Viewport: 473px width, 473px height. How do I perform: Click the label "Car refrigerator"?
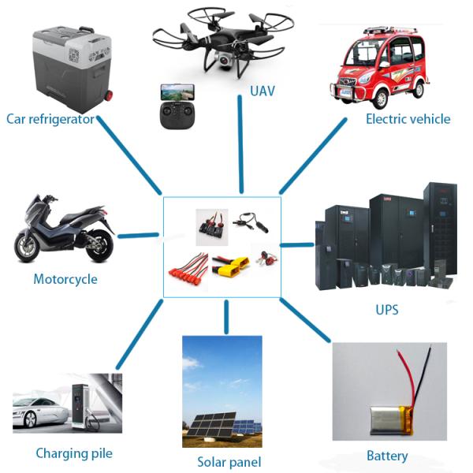coord(50,119)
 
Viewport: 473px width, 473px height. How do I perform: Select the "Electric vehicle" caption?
coord(408,119)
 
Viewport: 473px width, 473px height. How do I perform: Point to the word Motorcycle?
coord(65,279)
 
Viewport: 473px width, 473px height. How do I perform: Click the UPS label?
coord(386,310)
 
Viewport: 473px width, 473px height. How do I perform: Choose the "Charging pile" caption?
coord(74,453)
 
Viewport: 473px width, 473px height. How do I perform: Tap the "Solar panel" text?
coord(229,462)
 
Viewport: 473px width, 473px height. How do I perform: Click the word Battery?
coord(387,456)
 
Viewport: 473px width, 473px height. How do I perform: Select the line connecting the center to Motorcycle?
coord(137,234)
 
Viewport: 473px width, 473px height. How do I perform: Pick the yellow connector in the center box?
coord(237,269)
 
